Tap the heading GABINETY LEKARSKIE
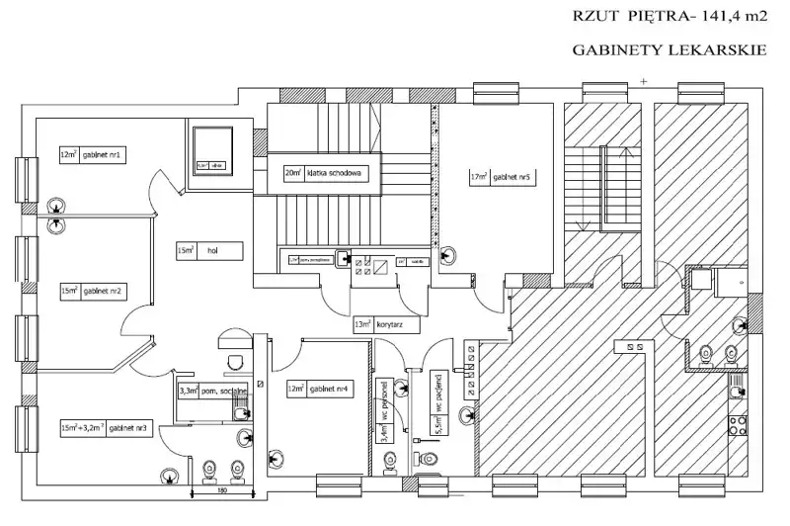point(670,46)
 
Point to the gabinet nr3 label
point(130,428)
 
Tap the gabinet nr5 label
point(513,178)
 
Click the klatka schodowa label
point(337,173)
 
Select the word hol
point(211,251)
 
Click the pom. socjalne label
point(224,392)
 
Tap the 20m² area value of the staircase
point(293,173)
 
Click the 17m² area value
point(480,178)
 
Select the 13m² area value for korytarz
point(363,323)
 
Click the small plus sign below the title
point(642,78)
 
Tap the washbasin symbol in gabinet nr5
point(448,254)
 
